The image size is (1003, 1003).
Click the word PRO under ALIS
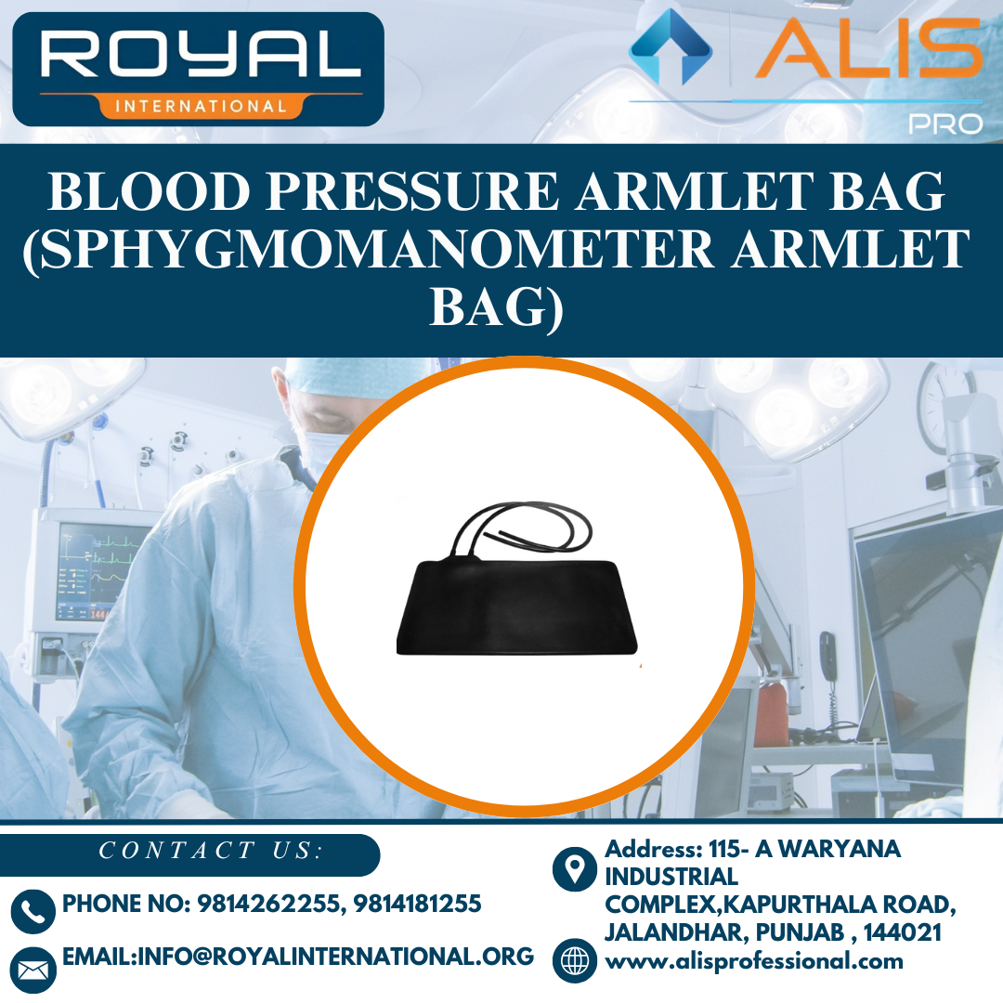tap(944, 124)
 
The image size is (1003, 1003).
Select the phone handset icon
tap(33, 911)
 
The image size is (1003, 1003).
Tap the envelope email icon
tap(33, 970)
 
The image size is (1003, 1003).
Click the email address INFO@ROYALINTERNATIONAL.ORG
tap(297, 956)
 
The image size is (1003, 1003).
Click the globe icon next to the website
tap(575, 960)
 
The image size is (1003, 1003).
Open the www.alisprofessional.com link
tap(754, 961)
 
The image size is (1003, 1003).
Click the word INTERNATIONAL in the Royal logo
tap(201, 106)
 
